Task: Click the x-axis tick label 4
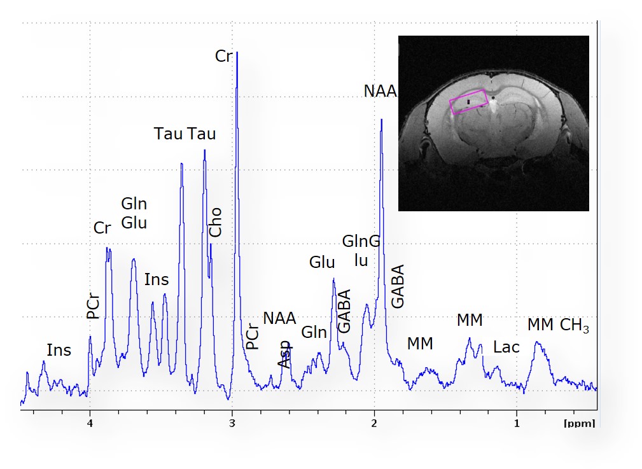click(90, 423)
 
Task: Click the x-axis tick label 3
click(232, 423)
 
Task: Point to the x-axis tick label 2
click(374, 423)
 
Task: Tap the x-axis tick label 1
click(517, 423)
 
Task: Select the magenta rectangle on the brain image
click(469, 101)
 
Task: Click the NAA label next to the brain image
click(380, 92)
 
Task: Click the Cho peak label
click(216, 222)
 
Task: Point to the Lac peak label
click(506, 347)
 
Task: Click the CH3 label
click(574, 326)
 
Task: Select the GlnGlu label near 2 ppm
click(361, 251)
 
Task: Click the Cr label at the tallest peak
click(223, 56)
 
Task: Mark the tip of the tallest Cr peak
click(237, 52)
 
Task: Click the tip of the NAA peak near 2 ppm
click(380, 119)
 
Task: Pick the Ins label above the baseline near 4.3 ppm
click(59, 351)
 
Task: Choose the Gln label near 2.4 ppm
click(314, 332)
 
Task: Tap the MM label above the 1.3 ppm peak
click(470, 321)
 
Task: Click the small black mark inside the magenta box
click(469, 101)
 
